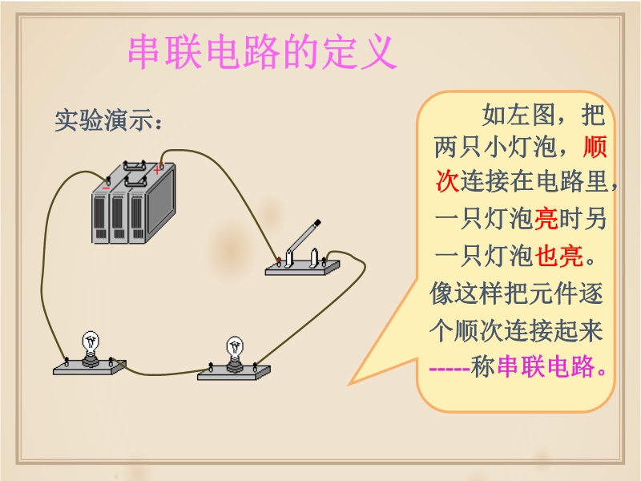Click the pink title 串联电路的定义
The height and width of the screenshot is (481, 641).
(262, 52)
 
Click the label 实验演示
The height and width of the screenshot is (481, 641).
(104, 120)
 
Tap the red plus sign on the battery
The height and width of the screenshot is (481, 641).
(157, 170)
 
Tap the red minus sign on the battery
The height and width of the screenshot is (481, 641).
(106, 188)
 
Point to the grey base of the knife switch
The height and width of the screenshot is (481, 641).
(302, 268)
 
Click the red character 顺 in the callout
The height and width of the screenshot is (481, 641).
(595, 147)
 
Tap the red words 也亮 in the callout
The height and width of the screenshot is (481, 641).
(558, 257)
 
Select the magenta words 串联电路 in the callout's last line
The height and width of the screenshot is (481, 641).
(546, 366)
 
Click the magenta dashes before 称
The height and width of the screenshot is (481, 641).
(450, 369)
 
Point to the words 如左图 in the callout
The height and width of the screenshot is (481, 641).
(518, 115)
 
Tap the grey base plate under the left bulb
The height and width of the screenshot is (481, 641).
(90, 367)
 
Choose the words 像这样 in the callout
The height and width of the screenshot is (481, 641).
(466, 293)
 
